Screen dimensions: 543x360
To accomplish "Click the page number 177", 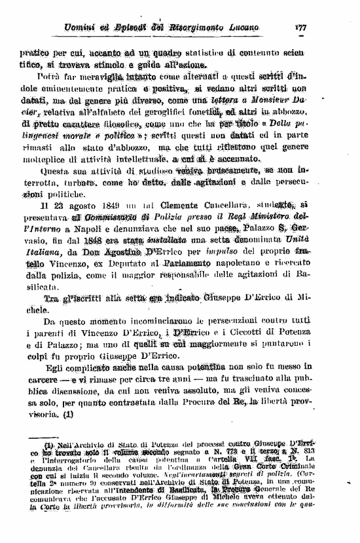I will tap(301, 28).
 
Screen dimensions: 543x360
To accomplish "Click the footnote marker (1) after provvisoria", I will tap(67, 415).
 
